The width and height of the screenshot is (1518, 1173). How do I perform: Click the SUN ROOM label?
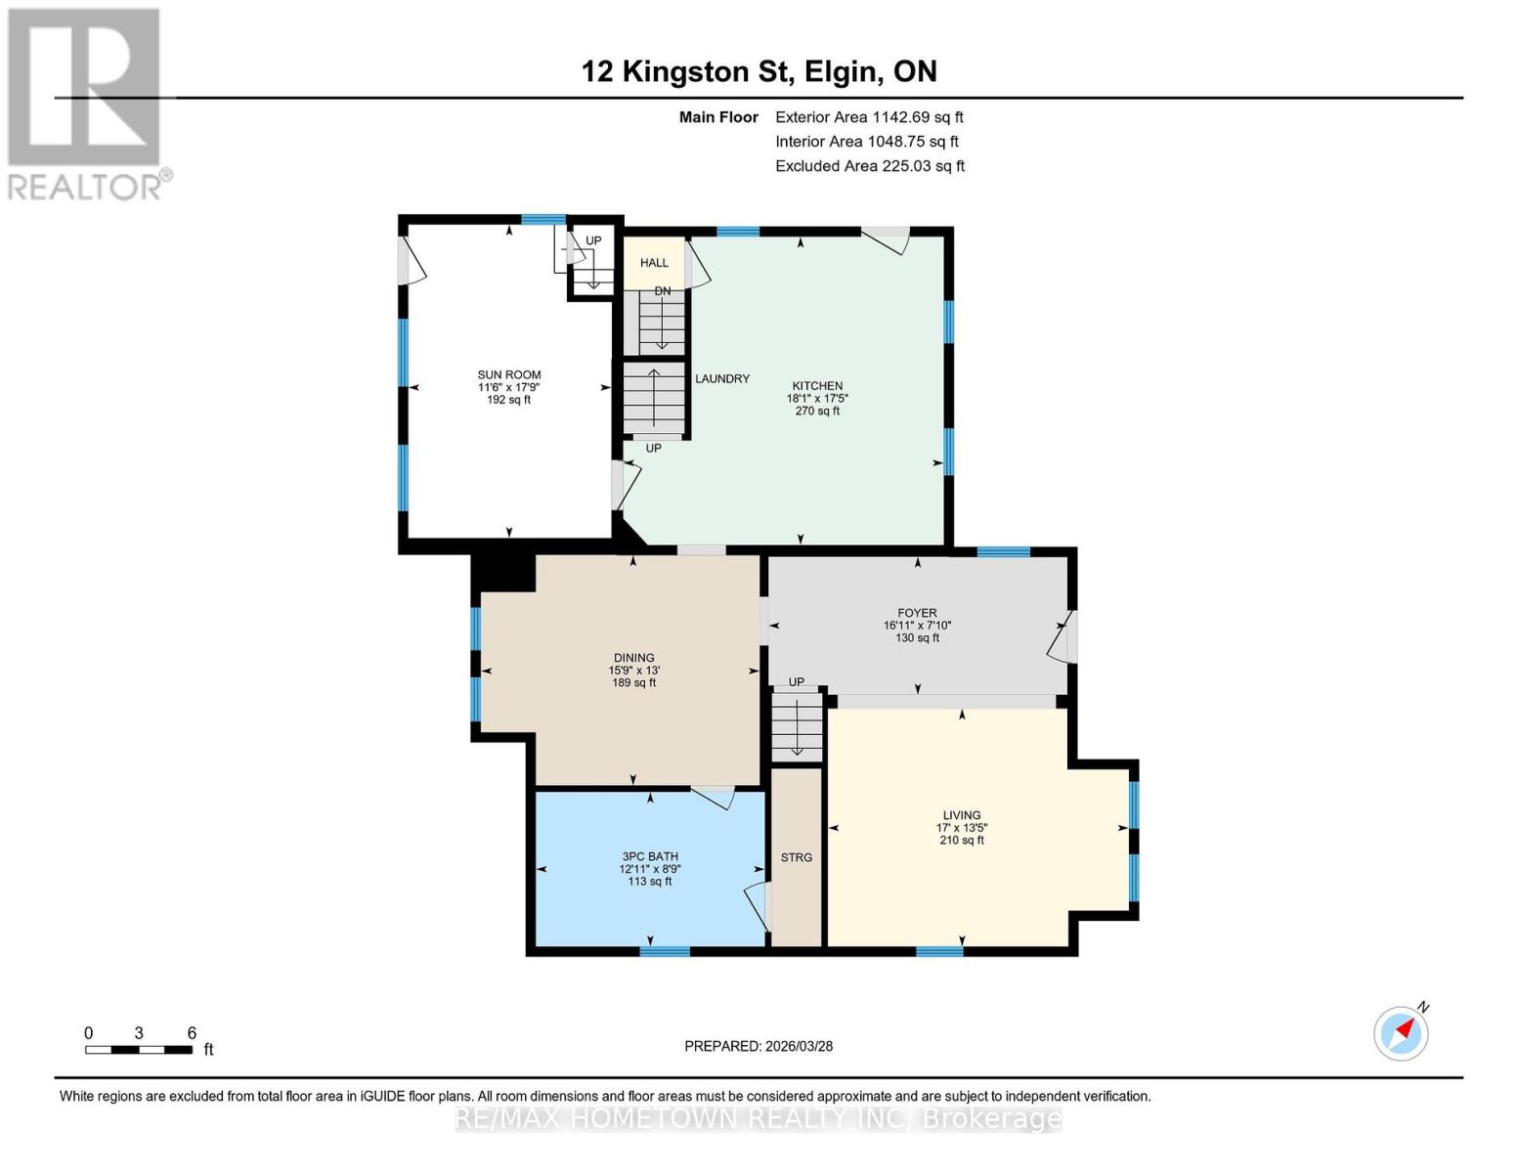tap(508, 374)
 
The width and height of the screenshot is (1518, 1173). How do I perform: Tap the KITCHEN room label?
tap(816, 386)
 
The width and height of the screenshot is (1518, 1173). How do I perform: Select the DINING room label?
tap(633, 658)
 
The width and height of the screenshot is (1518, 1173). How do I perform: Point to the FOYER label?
tap(917, 613)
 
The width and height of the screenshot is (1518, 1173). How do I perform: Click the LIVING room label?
tap(961, 814)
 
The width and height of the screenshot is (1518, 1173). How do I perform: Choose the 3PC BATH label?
tap(650, 856)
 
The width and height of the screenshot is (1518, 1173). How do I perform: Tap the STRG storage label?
tap(796, 857)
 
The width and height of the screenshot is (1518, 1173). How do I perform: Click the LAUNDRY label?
tap(721, 378)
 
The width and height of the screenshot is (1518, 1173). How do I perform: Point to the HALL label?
tap(654, 263)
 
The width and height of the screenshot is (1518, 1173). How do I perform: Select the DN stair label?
tap(662, 290)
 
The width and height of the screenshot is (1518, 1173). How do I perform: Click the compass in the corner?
tap(1401, 1034)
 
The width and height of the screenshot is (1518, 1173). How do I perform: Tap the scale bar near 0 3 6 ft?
tap(139, 1049)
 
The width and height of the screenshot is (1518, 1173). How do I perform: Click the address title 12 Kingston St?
tap(687, 71)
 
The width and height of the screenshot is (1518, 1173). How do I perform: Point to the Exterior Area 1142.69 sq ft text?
tap(869, 117)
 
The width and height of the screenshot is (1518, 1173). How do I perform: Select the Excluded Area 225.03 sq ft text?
tap(870, 166)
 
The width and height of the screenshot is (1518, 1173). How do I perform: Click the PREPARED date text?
tap(758, 1046)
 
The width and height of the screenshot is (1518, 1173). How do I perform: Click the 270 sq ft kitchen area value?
tap(816, 411)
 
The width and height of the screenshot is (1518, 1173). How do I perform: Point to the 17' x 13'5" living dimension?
tap(961, 827)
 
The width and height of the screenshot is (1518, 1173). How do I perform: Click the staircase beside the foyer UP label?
tap(797, 725)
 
